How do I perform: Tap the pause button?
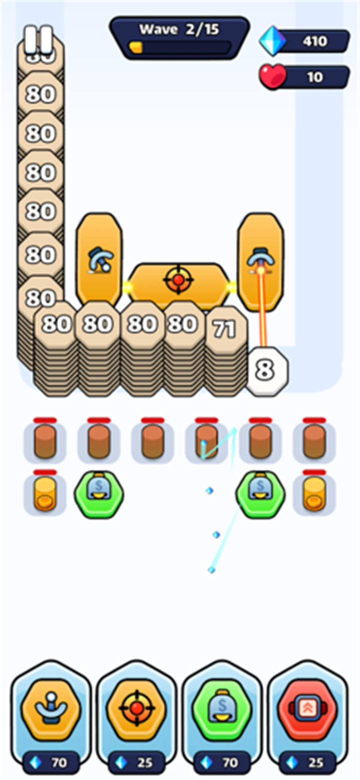point(38,39)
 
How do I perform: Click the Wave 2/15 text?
point(179,29)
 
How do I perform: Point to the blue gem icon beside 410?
point(272,41)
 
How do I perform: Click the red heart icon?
point(272,76)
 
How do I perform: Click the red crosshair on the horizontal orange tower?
point(178,279)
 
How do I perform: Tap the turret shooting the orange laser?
point(260,261)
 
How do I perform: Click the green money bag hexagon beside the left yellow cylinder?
point(99,494)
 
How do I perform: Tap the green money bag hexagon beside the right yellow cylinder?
point(260,494)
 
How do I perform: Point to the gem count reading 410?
point(314,41)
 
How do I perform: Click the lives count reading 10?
point(314,77)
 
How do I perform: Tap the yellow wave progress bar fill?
point(135,47)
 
